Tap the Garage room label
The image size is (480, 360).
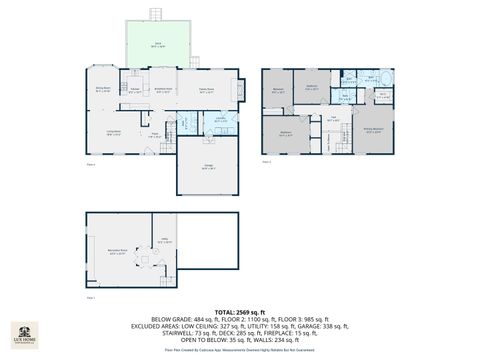[209, 167]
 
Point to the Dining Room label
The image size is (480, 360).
[102, 89]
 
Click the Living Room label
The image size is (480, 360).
[114, 131]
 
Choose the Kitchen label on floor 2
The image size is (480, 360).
[135, 90]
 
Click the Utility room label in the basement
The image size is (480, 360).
[163, 240]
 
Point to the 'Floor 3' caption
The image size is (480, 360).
[265, 160]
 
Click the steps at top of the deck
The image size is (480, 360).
[156, 14]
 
